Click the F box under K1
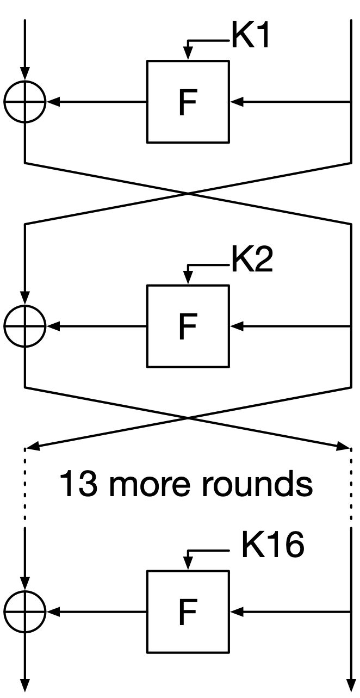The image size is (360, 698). (188, 102)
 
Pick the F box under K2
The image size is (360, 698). (188, 326)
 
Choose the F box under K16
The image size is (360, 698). (188, 612)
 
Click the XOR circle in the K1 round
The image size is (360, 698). (25, 102)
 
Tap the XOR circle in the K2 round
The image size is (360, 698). (25, 326)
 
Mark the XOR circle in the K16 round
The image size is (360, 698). (25, 612)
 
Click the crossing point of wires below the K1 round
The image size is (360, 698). (188, 193)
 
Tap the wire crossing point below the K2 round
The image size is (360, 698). (188, 418)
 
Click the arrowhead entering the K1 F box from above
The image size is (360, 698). (188, 55)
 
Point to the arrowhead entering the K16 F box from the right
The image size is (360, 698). (236, 612)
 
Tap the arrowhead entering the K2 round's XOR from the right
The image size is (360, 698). (53, 326)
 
